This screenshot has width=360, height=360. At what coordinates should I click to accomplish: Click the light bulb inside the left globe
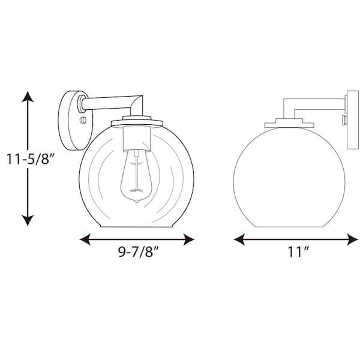(x=137, y=176)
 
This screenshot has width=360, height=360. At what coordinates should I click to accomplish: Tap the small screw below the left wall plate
(x=83, y=120)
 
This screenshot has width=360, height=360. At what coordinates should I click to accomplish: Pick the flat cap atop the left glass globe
(x=137, y=122)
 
